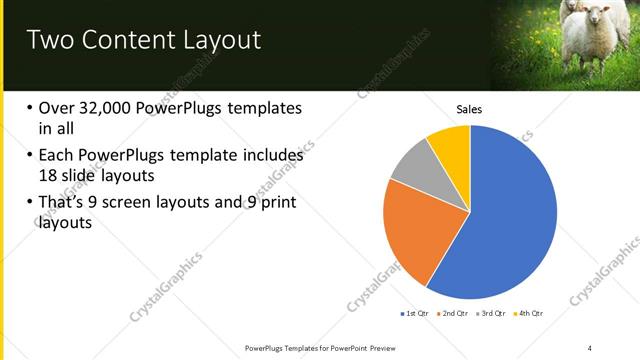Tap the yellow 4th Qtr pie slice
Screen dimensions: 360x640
[x=451, y=144]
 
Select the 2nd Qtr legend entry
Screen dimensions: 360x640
[x=457, y=314]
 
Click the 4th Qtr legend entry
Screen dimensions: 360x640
[x=530, y=314]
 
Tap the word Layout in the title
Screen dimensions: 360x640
[x=217, y=41]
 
